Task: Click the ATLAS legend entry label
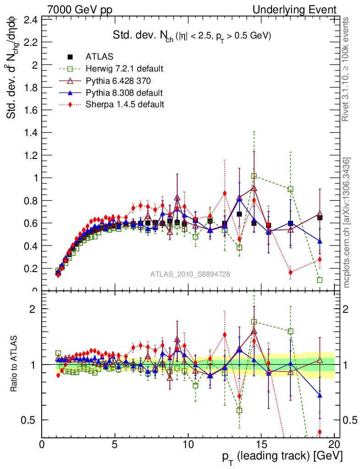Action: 99,57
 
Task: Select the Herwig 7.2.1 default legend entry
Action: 124,69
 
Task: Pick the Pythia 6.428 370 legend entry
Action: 119,81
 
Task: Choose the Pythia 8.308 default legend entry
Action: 124,93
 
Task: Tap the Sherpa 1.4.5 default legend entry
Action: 125,104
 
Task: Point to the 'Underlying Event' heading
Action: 301,10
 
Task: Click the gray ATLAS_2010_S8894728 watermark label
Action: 190,274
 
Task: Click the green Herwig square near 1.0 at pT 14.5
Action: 254,176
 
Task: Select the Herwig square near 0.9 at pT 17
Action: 290,189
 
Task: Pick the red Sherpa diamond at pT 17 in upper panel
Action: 290,273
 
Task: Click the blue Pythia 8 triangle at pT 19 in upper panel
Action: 320,241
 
